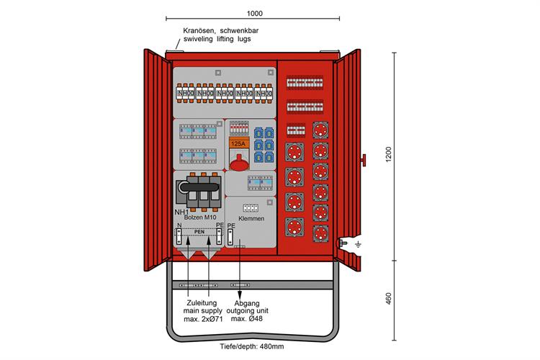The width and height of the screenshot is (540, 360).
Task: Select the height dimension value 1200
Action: coord(388,156)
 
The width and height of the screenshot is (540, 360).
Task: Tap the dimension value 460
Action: coord(388,300)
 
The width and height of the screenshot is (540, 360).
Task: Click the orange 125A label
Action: coord(238,143)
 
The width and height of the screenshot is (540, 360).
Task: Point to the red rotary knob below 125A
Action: coord(238,162)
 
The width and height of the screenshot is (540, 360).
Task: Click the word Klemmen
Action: coord(251,217)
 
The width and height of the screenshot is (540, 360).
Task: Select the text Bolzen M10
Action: coord(200,217)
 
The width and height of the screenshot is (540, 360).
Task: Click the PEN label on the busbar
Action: coord(199,232)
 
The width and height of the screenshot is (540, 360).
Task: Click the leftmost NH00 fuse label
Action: coord(185,94)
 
